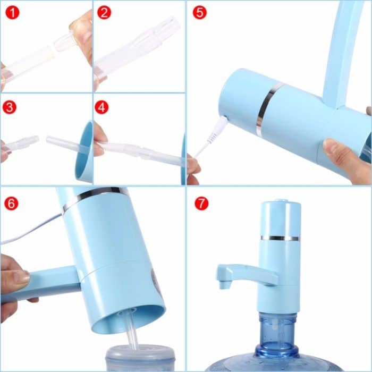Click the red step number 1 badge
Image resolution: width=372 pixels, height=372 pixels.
point(12,12)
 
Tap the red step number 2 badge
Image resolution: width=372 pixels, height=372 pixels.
point(104,12)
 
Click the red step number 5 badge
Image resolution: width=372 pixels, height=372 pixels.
point(199,12)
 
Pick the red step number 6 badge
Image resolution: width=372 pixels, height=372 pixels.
point(12,202)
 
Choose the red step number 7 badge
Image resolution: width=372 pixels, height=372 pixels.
point(201,202)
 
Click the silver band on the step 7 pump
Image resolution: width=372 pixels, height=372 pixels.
point(280,238)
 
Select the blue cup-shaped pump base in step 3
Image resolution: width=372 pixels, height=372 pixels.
point(86,152)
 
